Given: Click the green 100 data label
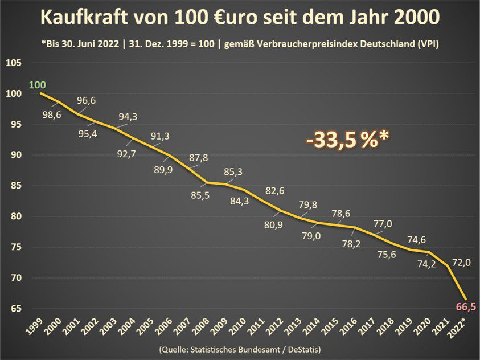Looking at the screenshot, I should [x=37, y=85].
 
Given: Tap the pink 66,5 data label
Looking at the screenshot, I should [x=466, y=307].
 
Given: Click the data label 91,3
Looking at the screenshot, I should [x=159, y=136].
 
